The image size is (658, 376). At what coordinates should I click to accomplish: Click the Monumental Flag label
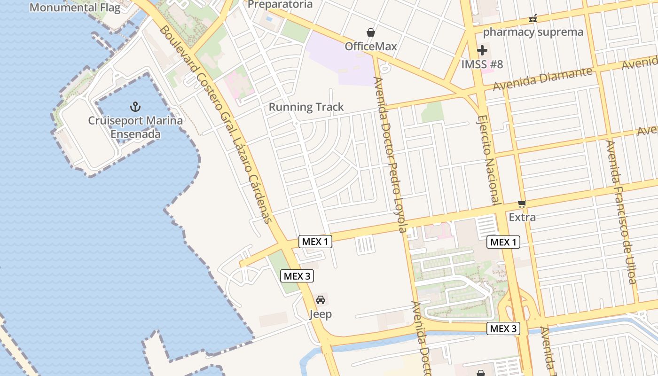75,8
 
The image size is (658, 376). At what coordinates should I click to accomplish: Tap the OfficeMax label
371,46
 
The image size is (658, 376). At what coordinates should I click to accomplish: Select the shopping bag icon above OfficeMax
371,32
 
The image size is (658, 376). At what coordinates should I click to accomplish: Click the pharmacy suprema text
533,32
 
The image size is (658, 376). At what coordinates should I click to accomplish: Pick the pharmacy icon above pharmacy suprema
533,19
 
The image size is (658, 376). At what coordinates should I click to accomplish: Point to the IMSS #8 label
482,64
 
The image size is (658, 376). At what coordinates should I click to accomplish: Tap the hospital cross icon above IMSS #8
482,50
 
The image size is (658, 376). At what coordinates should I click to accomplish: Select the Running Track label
306,107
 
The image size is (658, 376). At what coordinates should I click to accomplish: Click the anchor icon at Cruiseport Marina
135,107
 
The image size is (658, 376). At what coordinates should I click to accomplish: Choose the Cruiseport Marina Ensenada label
135,127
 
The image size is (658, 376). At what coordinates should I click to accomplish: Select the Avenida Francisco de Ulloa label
620,211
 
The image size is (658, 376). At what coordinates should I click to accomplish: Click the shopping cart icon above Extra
522,204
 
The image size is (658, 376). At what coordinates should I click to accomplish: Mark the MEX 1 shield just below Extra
503,242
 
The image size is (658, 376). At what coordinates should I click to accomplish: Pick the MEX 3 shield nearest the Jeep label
297,276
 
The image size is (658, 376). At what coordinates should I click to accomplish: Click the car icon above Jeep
321,300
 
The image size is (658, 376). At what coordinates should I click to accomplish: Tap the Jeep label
321,314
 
